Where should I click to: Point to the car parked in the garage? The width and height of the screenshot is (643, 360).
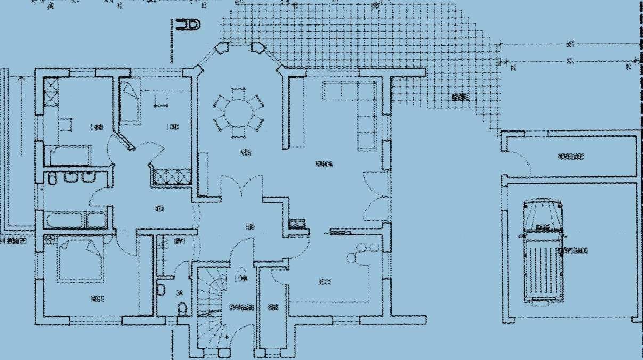coord(541,250)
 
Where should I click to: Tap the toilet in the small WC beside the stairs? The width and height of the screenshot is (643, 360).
coord(182,308)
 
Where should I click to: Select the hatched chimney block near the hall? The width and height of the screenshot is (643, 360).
coord(297,224)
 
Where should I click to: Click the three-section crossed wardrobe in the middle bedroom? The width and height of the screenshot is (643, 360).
coord(172,176)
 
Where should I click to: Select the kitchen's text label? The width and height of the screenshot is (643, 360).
coord(323,282)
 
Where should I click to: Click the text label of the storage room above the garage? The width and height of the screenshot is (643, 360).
coord(571,157)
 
